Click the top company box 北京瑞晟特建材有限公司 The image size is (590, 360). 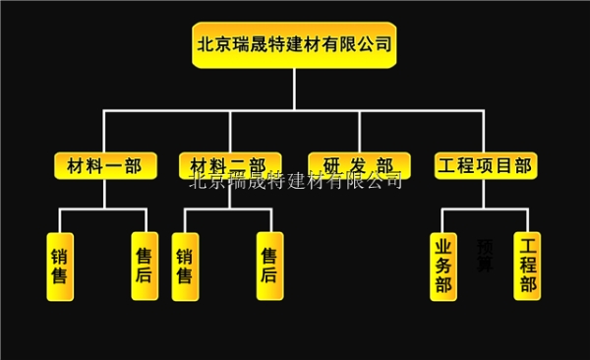294,45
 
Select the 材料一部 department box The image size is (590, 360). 104,165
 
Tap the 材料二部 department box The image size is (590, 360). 230,165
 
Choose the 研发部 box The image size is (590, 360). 358,165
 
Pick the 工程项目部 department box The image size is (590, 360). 485,165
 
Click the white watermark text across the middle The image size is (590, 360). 295,180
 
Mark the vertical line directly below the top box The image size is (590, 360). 294,89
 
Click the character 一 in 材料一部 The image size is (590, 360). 109,165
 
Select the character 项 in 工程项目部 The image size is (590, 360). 495,165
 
